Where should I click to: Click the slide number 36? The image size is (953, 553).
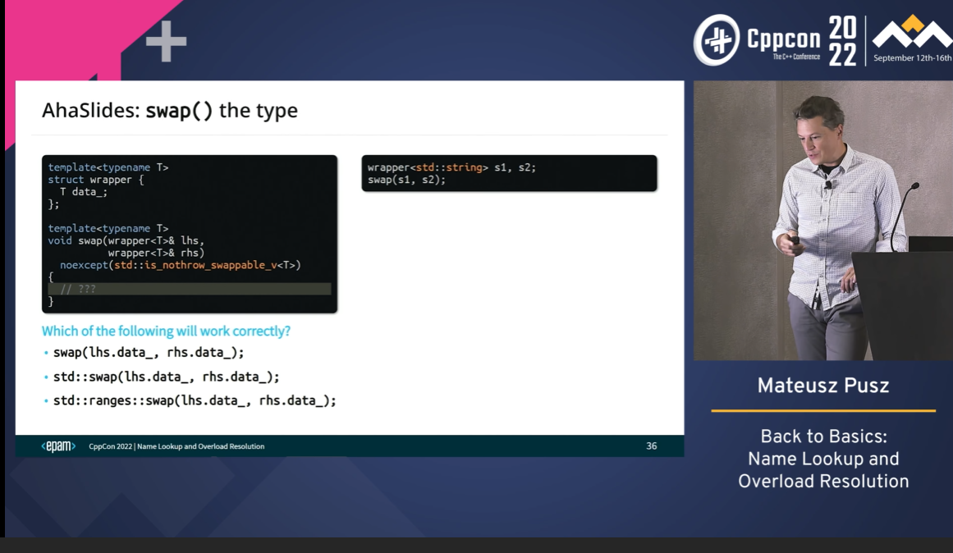tap(651, 446)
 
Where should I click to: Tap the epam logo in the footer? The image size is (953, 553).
tap(58, 446)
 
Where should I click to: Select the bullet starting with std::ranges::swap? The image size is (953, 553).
tap(195, 400)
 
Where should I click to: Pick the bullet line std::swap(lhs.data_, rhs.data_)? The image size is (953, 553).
tap(166, 377)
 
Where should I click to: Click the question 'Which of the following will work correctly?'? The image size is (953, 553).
tap(166, 331)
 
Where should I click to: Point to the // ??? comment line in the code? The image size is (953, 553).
tap(78, 290)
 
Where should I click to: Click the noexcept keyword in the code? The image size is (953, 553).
tap(84, 265)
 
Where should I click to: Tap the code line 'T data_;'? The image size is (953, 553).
tap(83, 192)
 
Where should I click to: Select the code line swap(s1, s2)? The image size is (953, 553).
tap(406, 180)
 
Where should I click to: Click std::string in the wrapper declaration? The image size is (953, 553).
tap(448, 167)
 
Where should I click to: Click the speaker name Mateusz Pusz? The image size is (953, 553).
tap(823, 386)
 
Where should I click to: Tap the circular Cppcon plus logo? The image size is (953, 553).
tap(717, 40)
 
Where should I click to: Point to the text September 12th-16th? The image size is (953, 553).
tap(912, 58)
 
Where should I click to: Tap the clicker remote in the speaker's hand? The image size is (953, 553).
tap(794, 240)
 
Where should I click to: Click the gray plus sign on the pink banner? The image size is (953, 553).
tap(166, 41)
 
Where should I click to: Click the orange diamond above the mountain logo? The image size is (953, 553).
tap(912, 24)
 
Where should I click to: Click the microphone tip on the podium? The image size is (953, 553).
tap(915, 186)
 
